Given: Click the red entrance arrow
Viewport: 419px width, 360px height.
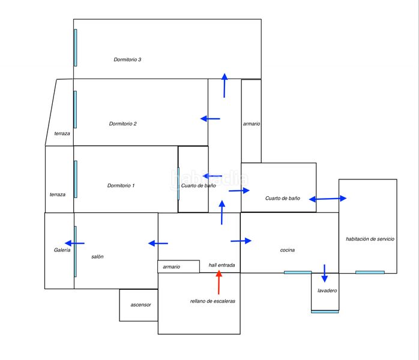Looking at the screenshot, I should (x=219, y=282).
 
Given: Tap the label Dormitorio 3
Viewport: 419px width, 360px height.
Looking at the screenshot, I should (x=127, y=59).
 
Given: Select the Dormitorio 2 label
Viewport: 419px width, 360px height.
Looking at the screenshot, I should (x=123, y=124).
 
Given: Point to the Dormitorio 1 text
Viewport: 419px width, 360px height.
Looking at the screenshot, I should (x=121, y=185).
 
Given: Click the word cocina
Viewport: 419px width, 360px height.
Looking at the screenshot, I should (x=288, y=250).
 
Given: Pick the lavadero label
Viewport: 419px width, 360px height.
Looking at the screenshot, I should (x=324, y=290).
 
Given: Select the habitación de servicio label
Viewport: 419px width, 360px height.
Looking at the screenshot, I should (x=370, y=239).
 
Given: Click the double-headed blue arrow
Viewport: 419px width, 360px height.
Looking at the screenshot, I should (x=328, y=199).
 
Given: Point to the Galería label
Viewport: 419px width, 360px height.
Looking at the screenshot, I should (x=62, y=250).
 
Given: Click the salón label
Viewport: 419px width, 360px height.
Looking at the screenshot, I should (x=97, y=256).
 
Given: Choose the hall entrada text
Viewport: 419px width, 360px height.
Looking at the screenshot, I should (x=222, y=265).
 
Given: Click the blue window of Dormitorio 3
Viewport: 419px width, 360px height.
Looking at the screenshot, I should (x=75, y=47).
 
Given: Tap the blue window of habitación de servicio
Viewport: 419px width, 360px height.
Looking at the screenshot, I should (x=370, y=272).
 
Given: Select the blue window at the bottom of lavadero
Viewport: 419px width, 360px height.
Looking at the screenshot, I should (x=325, y=311).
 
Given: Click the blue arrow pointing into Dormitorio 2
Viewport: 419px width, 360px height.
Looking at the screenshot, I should (x=210, y=119).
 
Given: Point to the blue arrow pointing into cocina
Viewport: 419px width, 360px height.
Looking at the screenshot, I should (x=241, y=241).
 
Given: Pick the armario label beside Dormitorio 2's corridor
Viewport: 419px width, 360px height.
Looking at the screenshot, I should (x=252, y=124).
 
